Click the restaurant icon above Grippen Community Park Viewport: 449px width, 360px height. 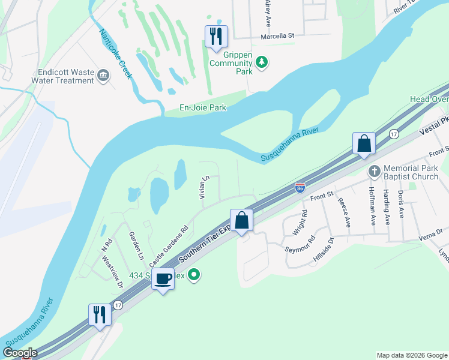[216, 37]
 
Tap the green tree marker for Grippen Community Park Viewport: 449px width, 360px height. [261, 61]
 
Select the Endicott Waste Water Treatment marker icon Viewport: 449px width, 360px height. [104, 75]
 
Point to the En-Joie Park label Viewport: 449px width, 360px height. [203, 108]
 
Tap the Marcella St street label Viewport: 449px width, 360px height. [278, 36]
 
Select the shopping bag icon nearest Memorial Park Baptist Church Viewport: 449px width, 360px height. [364, 143]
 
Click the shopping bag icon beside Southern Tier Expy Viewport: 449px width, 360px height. [241, 220]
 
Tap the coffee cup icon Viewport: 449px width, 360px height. [163, 278]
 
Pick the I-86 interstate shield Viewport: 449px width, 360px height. [300, 188]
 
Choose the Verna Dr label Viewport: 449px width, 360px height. [431, 232]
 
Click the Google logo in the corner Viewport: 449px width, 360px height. [19, 353]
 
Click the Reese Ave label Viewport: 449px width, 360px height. [344, 213]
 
